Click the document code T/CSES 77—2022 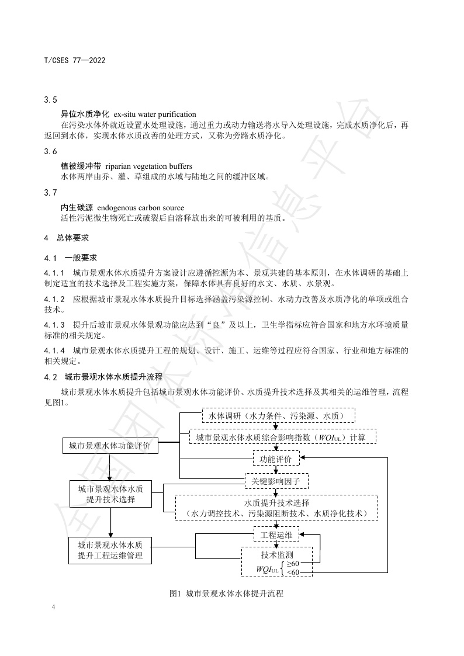74,60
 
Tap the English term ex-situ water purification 155,114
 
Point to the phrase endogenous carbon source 140,208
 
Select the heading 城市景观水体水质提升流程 113,377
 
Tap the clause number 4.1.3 54,324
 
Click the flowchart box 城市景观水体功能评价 109,447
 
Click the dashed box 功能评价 276,459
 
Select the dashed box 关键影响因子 276,481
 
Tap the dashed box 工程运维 276,534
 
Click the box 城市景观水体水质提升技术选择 110,494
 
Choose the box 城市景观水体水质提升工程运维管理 110,550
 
